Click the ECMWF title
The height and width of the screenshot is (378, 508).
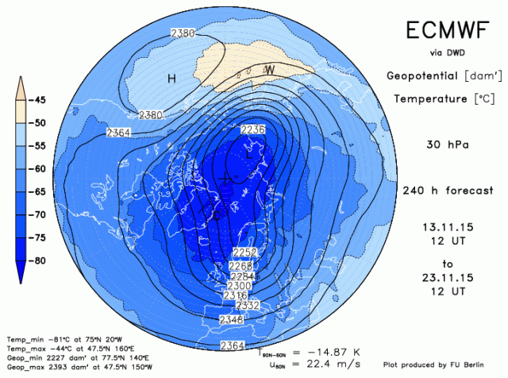(445, 30)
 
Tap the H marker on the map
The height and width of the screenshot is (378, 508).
(171, 78)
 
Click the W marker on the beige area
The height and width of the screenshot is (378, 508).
(270, 70)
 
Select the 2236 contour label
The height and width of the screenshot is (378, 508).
(252, 129)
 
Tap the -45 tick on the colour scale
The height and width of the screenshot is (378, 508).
(37, 99)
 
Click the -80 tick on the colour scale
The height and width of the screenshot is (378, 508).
(37, 260)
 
